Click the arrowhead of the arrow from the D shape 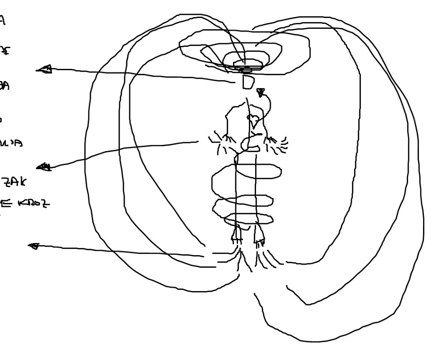(44, 69)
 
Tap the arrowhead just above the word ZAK (44, 167)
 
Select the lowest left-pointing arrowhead (33, 246)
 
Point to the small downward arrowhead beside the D (260, 93)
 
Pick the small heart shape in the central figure (253, 119)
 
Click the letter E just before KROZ (5, 203)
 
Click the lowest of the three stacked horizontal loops (249, 219)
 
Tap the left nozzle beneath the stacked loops (237, 233)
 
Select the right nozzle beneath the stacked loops (259, 234)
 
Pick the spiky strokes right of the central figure (277, 142)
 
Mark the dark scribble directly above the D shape (247, 71)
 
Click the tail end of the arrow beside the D (234, 82)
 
